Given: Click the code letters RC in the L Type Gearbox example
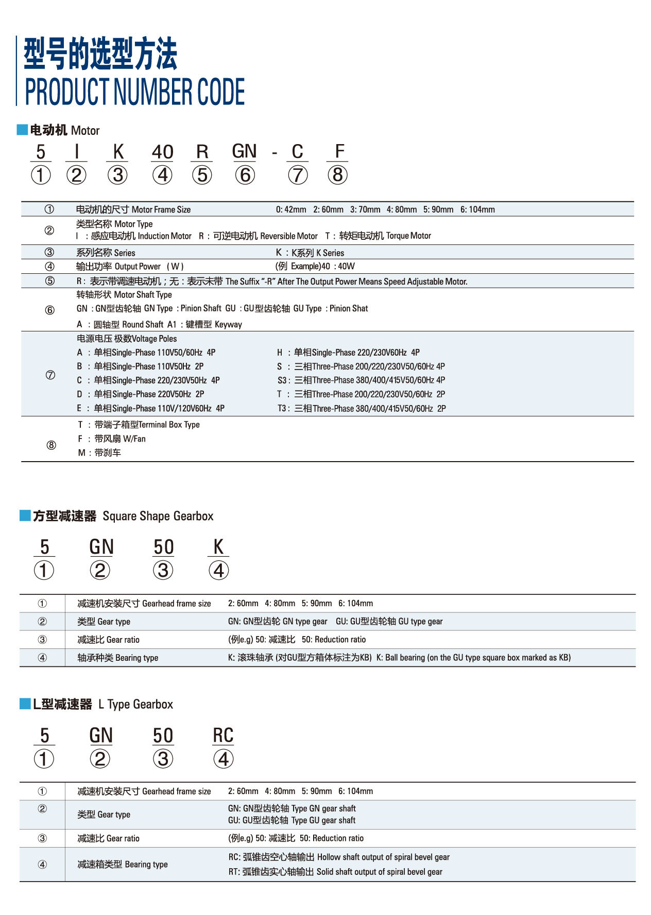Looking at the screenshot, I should [223, 735].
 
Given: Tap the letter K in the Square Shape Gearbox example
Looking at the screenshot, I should [218, 547].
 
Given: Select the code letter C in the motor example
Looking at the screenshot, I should [297, 152].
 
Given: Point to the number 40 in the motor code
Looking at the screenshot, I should [162, 152].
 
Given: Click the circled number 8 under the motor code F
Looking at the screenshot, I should [337, 175].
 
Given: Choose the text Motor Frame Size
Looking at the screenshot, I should [161, 209].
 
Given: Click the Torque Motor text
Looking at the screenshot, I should [408, 236].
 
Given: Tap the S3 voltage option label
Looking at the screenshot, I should [282, 380].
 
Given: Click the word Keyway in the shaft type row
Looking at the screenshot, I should [228, 324].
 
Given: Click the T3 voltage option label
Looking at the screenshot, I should [282, 409].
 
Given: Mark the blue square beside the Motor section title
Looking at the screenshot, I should [22, 130].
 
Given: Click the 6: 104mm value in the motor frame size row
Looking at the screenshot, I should [477, 209].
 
